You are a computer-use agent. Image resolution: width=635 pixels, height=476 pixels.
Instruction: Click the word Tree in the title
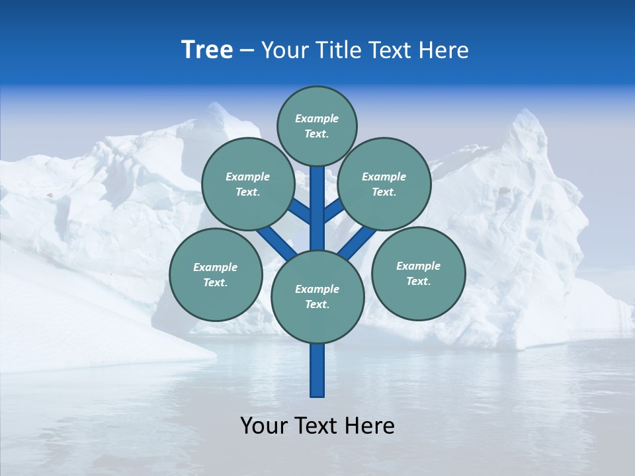pos(207,50)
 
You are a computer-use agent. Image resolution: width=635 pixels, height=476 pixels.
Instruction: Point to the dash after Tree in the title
pos(247,51)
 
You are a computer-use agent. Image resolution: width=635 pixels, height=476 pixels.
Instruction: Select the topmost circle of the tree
pos(317,126)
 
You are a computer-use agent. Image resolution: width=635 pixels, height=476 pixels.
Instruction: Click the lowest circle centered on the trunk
pos(317,297)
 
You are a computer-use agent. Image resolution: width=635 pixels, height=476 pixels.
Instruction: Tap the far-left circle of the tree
pos(216,275)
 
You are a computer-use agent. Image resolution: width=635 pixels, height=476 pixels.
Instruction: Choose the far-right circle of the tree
pos(418,274)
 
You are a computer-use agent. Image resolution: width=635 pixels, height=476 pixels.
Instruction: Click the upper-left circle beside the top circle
pos(248,184)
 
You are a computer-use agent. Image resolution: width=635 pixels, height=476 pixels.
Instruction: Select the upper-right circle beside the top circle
pos(384,184)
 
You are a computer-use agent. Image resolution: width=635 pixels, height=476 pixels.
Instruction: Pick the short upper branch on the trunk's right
pos(333,211)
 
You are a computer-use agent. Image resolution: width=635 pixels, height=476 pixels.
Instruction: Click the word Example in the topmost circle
pos(317,119)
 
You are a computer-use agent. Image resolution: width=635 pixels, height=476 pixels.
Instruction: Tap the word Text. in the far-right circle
pos(418,281)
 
